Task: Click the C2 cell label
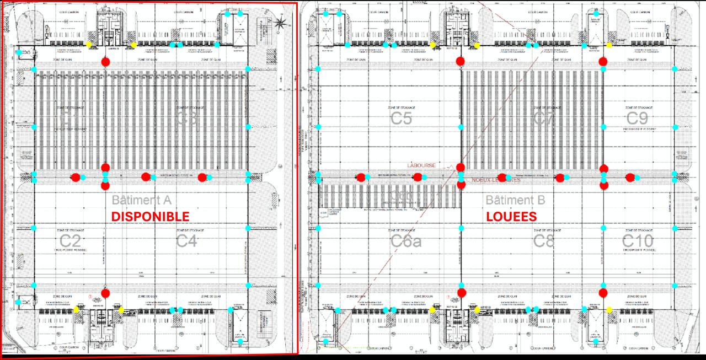70,241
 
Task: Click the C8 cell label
543,241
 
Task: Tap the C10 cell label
638,241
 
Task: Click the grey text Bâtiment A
142,200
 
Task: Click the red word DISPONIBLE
150,217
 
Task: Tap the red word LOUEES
511,217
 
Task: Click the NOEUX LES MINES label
496,180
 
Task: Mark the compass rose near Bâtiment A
281,23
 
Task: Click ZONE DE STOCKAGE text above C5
401,108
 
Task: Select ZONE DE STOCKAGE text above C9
640,108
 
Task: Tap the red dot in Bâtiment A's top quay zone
105,62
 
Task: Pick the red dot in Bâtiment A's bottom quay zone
105,293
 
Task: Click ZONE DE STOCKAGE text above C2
70,230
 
